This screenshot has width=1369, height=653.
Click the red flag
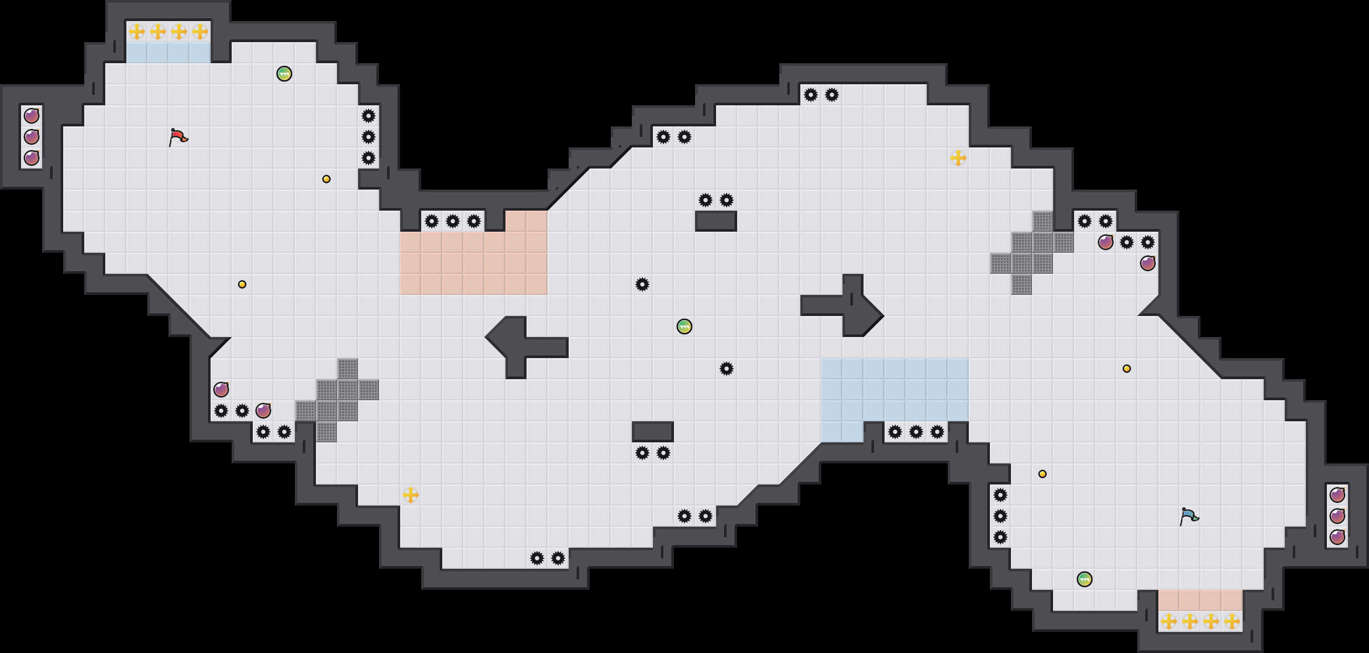[x=178, y=136]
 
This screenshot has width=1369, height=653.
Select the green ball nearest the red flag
[x=284, y=73]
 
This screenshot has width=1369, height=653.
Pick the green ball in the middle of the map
[x=684, y=326]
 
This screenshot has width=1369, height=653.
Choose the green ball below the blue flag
[x=1084, y=579]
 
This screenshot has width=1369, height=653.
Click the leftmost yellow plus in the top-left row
[x=136, y=32]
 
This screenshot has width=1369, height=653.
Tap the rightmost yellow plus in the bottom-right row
[x=1232, y=620]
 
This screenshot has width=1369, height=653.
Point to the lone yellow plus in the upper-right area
[x=958, y=158]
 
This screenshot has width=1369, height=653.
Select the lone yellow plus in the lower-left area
[x=410, y=494]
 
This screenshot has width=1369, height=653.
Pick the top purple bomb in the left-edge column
[x=32, y=115]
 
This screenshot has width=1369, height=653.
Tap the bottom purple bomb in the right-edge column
[x=1337, y=537]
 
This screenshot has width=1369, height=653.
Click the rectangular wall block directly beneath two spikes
[x=716, y=221]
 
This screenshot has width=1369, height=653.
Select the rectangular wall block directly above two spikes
[x=652, y=431]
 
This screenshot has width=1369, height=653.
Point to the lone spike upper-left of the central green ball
[x=642, y=284]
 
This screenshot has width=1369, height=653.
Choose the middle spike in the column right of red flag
[x=368, y=136]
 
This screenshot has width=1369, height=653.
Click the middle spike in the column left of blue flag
[x=1000, y=516]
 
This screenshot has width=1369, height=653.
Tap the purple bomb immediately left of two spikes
[x=1105, y=242]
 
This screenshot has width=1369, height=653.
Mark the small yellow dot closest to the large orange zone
[x=326, y=179]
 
